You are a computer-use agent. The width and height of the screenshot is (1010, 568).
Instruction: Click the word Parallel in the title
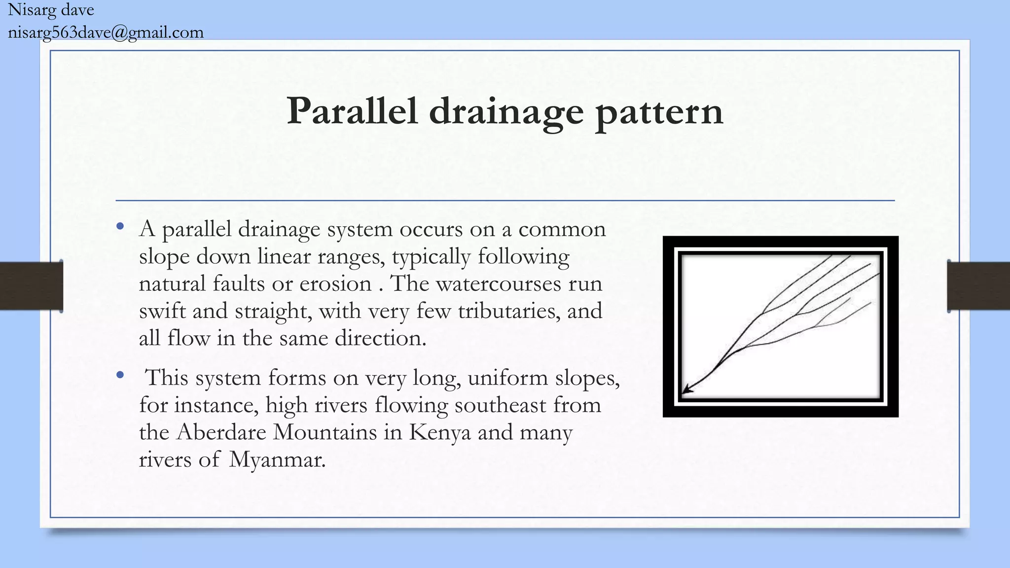352,111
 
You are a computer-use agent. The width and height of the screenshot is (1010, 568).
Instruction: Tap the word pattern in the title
659,112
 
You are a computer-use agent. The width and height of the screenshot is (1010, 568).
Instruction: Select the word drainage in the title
506,112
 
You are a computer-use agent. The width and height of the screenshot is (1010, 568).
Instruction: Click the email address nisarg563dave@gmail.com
106,33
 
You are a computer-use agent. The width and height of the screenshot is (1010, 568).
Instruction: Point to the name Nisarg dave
51,10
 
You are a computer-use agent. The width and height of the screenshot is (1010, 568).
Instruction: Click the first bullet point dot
120,227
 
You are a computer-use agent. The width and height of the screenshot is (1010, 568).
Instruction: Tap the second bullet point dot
120,375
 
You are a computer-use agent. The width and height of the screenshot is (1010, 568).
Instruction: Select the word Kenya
439,433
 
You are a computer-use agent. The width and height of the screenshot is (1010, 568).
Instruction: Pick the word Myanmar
277,460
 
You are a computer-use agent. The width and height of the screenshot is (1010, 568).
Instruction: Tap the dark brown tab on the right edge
978,286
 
